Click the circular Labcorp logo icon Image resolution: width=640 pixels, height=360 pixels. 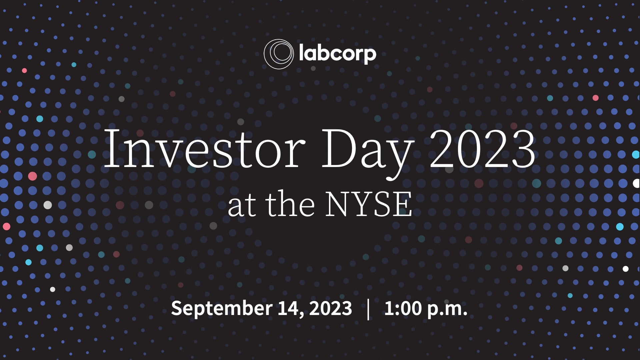click(x=278, y=54)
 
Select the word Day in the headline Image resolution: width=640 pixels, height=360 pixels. click(x=367, y=150)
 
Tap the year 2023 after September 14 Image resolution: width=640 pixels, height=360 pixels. click(x=330, y=308)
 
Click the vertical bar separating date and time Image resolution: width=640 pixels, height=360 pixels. click(x=368, y=309)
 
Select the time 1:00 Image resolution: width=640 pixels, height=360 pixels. click(x=403, y=308)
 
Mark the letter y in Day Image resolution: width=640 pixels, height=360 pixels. click(x=399, y=157)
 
